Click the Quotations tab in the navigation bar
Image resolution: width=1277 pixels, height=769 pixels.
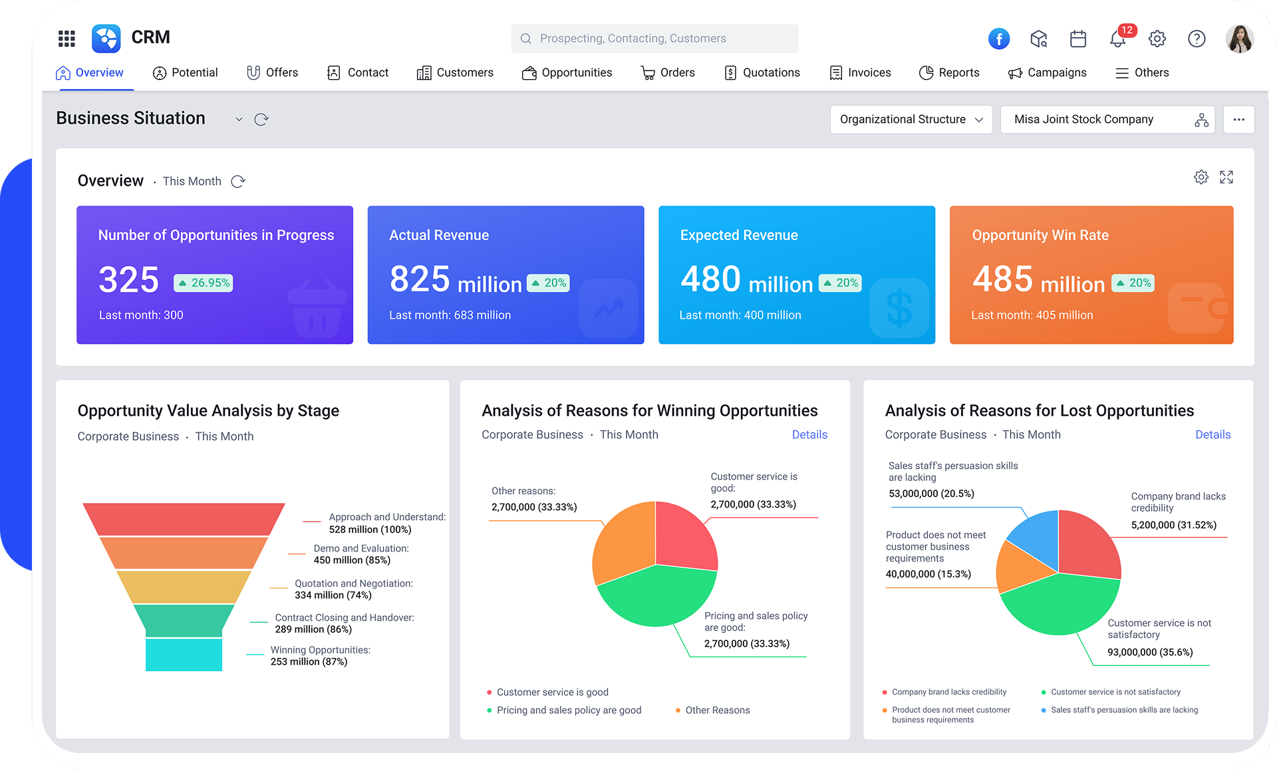[762, 73]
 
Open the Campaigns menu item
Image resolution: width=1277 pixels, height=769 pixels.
[1048, 73]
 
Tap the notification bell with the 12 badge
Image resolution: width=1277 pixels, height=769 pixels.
[1117, 39]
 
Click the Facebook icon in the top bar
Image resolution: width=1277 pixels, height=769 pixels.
[998, 39]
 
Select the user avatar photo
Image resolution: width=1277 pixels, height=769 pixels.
[1239, 39]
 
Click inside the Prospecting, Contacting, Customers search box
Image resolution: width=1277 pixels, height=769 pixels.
[655, 39]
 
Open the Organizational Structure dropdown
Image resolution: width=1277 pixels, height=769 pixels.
[911, 120]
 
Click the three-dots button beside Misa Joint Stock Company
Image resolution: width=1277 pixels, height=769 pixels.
[1238, 120]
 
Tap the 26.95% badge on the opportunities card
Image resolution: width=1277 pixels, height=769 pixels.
[204, 283]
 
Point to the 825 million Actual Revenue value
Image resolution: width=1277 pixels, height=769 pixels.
[456, 279]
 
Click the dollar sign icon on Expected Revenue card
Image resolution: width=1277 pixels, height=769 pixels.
[899, 308]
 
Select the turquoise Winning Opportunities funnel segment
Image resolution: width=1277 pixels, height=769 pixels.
[184, 655]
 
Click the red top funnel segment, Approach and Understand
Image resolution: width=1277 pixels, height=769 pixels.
[184, 519]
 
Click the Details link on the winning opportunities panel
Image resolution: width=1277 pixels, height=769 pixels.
[809, 434]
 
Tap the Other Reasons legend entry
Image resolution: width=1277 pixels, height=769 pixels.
[717, 710]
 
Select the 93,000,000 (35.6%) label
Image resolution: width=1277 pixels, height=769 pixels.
[1150, 653]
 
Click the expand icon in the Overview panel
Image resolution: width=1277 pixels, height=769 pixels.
[1226, 177]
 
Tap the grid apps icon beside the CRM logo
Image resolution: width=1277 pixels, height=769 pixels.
[67, 39]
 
